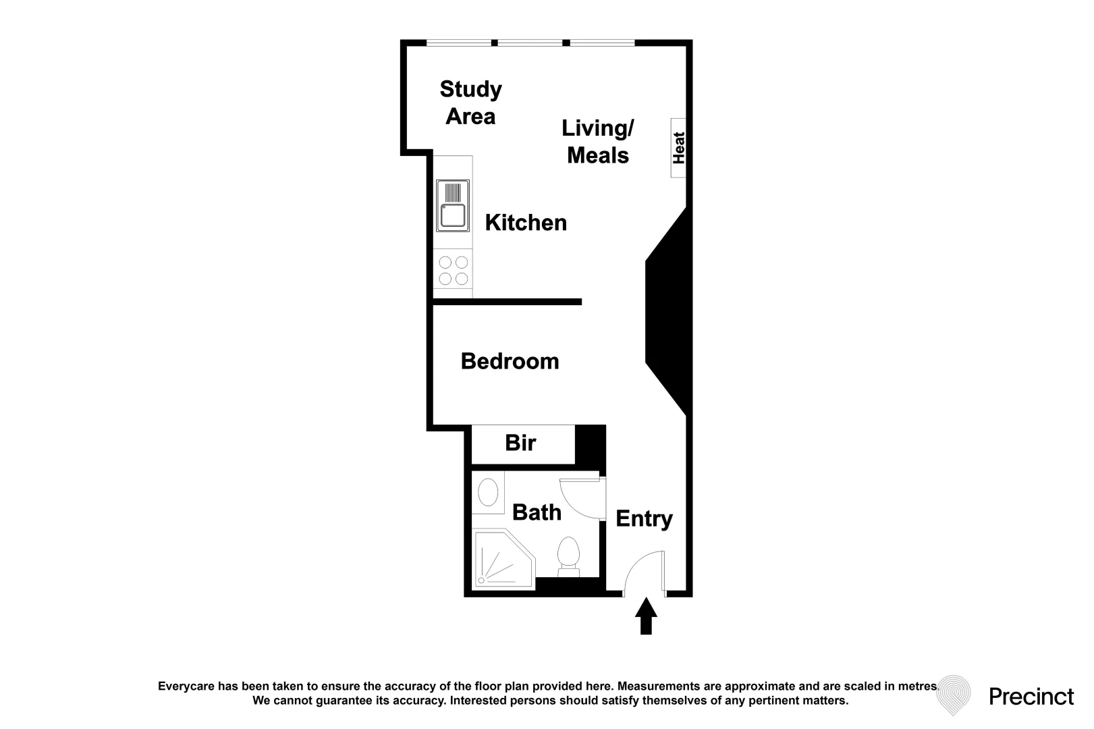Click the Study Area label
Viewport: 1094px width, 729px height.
[470, 103]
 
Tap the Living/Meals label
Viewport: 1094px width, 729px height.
[598, 141]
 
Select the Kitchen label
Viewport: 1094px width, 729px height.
[526, 223]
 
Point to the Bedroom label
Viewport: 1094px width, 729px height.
[510, 361]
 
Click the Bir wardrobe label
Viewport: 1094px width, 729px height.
[520, 443]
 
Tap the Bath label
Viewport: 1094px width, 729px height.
[537, 512]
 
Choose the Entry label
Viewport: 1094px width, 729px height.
[644, 518]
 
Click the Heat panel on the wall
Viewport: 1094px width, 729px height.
[678, 148]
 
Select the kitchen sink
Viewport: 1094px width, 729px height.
[453, 206]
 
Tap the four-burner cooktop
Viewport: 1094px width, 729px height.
[453, 270]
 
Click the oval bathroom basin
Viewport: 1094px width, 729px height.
[487, 492]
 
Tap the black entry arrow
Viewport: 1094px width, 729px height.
[646, 616]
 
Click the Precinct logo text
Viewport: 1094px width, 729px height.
[1031, 696]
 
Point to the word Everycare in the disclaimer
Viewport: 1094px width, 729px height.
[186, 686]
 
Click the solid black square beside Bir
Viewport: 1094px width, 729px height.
[590, 443]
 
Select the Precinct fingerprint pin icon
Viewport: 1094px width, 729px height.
[954, 695]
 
